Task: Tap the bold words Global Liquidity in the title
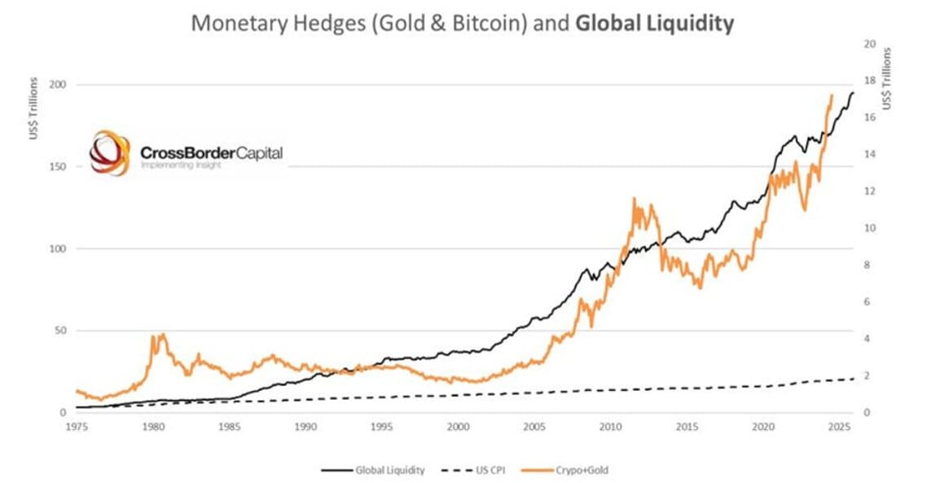coord(655,23)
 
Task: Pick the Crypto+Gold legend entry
coord(571,470)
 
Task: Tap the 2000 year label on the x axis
coord(458,425)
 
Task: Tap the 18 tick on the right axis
coord(869,81)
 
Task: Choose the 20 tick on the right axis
coord(869,44)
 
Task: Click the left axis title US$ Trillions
coord(33,108)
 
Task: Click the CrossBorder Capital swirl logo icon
coord(109,152)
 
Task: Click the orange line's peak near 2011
coord(634,199)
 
